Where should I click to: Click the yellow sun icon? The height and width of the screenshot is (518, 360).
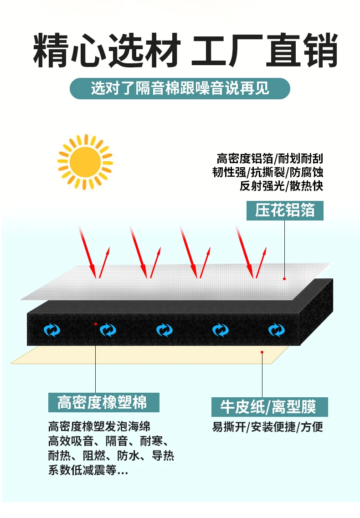(x=85, y=162)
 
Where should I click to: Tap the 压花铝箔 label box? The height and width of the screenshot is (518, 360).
(x=285, y=210)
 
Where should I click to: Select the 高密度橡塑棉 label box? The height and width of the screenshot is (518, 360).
(x=104, y=402)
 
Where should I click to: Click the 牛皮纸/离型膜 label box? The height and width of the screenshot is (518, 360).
(x=269, y=407)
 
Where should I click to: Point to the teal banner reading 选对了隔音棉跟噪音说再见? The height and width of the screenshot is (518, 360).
(x=180, y=88)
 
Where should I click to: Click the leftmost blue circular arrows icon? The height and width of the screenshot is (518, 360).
(x=52, y=330)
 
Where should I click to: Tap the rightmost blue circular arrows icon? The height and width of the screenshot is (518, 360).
(x=276, y=330)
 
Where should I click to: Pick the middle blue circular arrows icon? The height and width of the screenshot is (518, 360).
(x=165, y=330)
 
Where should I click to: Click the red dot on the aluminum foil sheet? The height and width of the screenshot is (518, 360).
(x=284, y=279)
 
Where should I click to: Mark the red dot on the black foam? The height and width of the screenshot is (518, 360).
(x=96, y=324)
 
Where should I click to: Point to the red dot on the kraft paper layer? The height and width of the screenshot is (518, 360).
(x=262, y=352)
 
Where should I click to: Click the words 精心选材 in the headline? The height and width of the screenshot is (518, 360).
(x=107, y=50)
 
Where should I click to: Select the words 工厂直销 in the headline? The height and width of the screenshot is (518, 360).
(x=264, y=50)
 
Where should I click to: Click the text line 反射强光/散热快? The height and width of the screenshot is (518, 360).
(x=281, y=186)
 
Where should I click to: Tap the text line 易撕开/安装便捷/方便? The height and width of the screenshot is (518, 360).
(x=267, y=427)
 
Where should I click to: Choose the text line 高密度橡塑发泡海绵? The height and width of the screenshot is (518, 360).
(x=99, y=426)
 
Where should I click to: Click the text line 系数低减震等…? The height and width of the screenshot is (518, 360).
(x=88, y=470)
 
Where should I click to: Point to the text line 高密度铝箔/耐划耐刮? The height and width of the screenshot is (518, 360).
(x=270, y=159)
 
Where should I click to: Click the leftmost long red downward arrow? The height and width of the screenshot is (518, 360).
(x=87, y=252)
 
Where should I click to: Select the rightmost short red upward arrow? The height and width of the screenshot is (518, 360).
(x=261, y=262)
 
